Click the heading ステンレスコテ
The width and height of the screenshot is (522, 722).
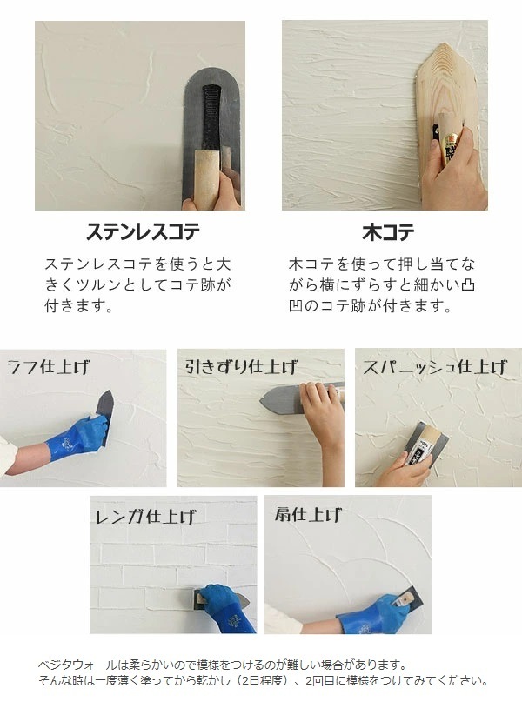[144, 231]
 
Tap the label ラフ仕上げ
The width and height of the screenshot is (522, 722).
[49, 367]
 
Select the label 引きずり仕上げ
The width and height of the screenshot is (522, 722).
[241, 366]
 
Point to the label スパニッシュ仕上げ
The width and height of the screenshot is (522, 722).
[434, 367]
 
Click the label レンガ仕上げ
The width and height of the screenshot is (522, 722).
[145, 516]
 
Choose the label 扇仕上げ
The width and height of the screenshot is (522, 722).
[308, 514]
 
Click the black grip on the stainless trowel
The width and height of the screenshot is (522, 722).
[212, 118]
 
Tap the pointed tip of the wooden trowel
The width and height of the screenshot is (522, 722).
[445, 44]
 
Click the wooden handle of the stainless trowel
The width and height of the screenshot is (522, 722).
[206, 177]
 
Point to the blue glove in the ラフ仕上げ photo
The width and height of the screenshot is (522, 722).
[78, 438]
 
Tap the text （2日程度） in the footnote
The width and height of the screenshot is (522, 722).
[264, 680]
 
